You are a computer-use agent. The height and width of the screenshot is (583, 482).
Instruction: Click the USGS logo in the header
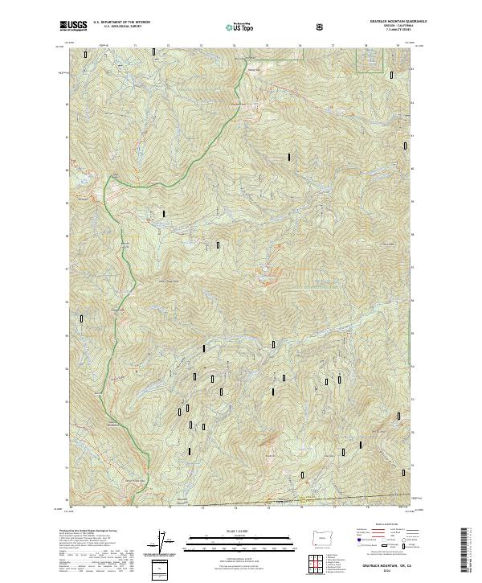(x=73, y=27)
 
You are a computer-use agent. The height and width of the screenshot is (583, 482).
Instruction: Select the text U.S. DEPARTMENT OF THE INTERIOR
(x=121, y=23)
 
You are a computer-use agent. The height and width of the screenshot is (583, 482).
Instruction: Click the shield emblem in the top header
(x=321, y=27)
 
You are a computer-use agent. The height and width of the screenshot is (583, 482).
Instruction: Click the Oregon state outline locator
(x=321, y=536)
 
